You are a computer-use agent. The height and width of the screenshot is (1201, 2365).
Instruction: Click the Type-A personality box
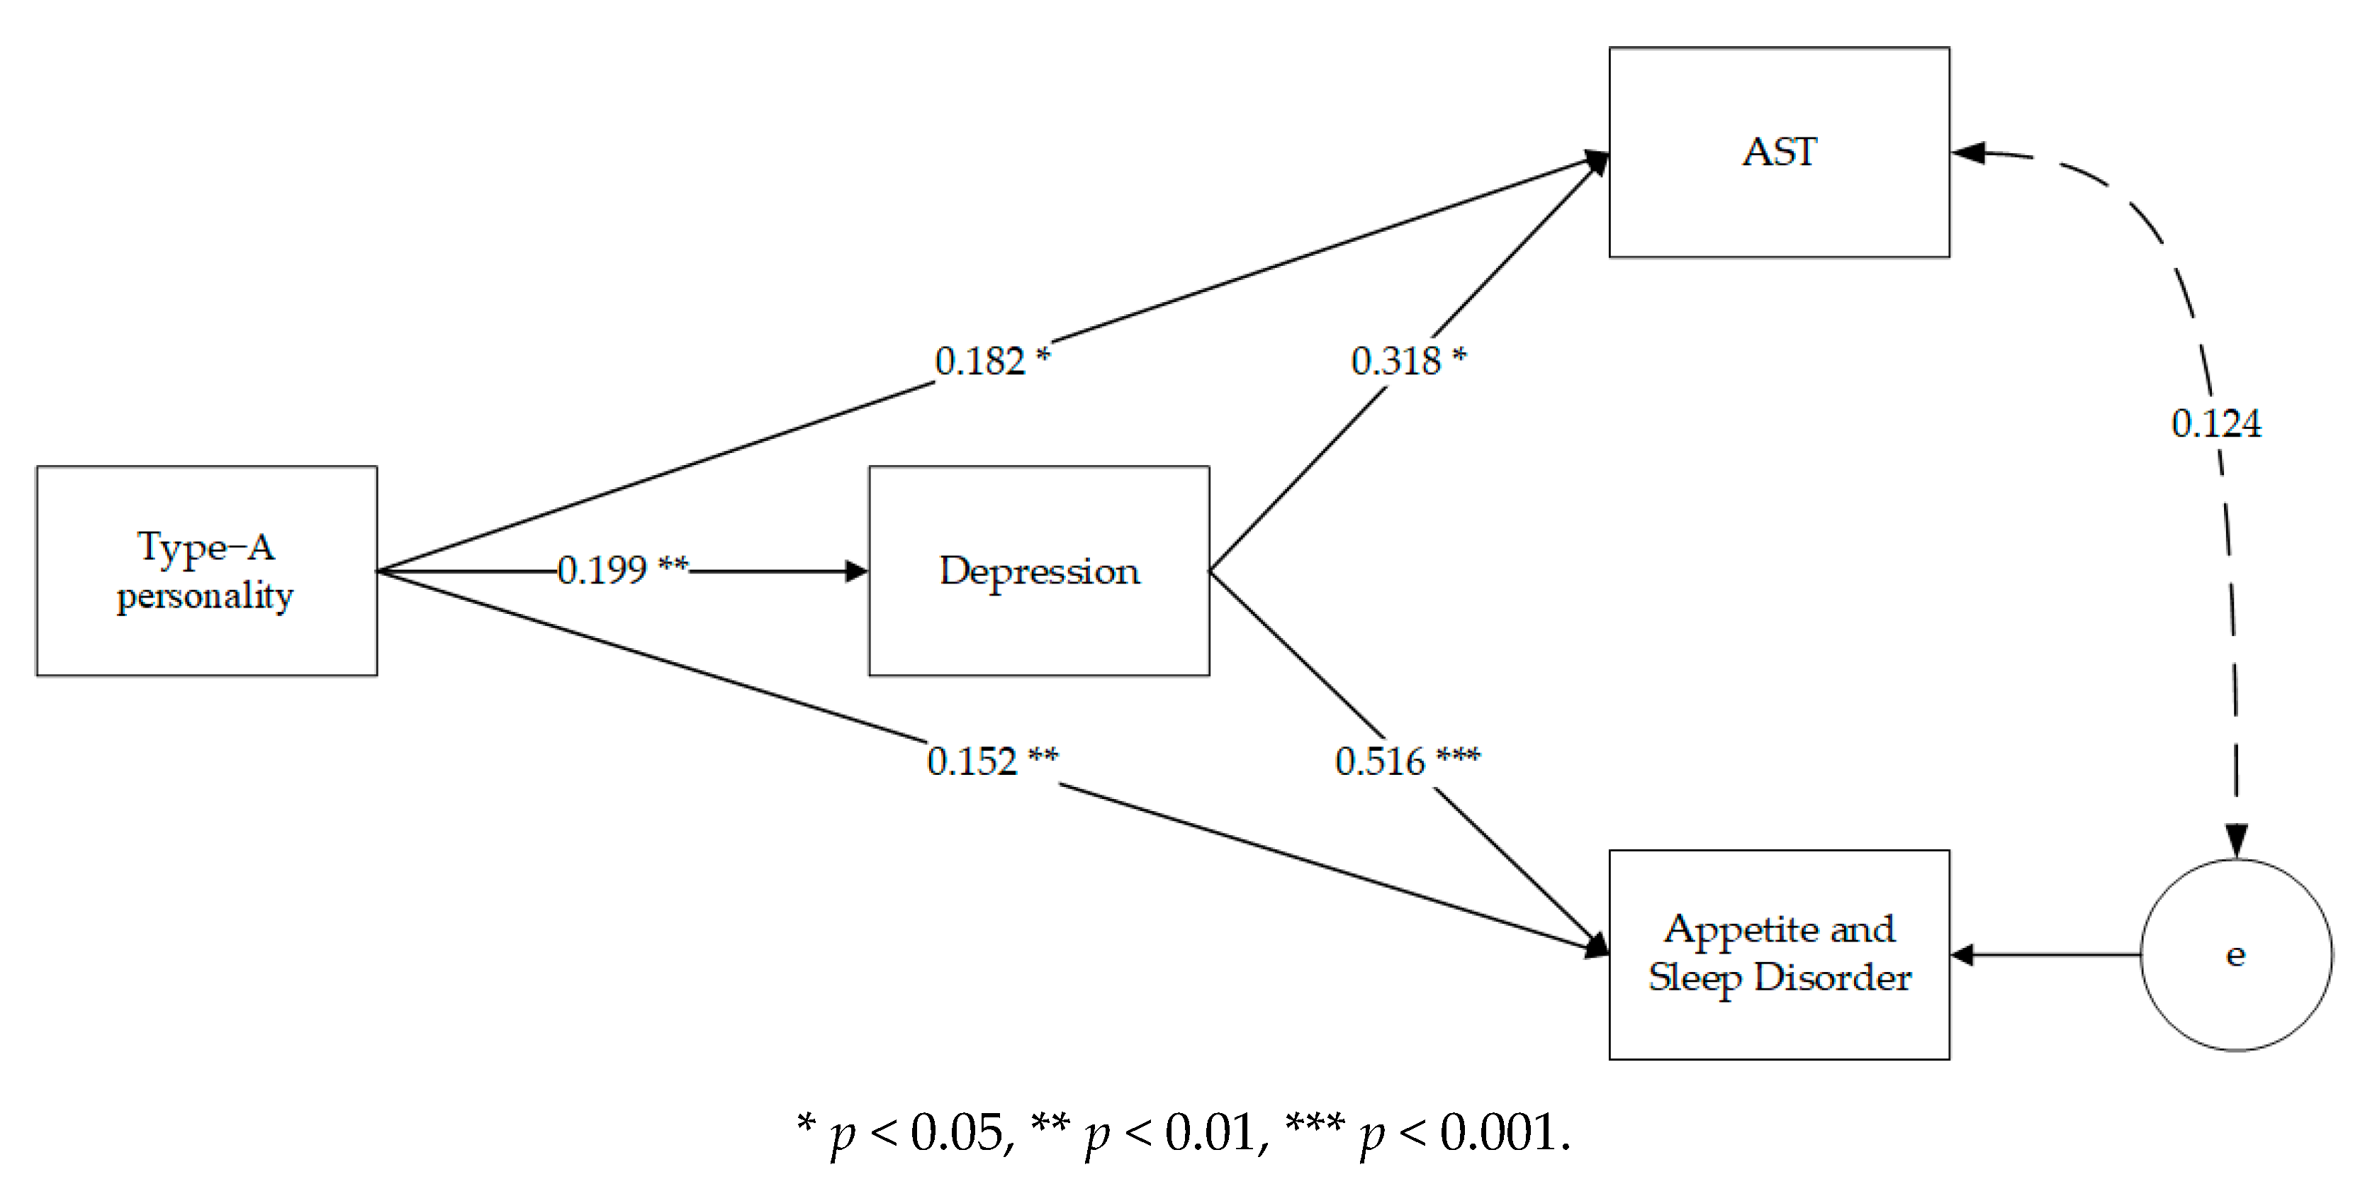(x=206, y=571)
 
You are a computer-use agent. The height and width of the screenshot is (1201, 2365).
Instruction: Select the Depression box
(x=1038, y=571)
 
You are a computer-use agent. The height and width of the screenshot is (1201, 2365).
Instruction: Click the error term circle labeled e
(x=2235, y=955)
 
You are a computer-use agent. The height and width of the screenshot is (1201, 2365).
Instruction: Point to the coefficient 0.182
(x=979, y=361)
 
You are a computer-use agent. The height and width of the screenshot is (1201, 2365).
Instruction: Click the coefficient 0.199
(x=602, y=570)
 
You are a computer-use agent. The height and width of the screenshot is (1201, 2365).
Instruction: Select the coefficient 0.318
(x=1395, y=361)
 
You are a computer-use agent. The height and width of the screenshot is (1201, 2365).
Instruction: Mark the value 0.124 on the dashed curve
(x=2215, y=423)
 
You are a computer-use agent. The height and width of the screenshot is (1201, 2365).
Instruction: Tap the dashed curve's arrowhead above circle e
(x=2237, y=840)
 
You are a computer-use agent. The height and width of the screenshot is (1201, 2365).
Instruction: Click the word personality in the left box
(x=205, y=597)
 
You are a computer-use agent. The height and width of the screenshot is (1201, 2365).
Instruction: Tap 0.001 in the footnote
(x=1498, y=1132)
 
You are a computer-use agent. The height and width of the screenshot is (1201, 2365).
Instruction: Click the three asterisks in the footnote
(x=1315, y=1122)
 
